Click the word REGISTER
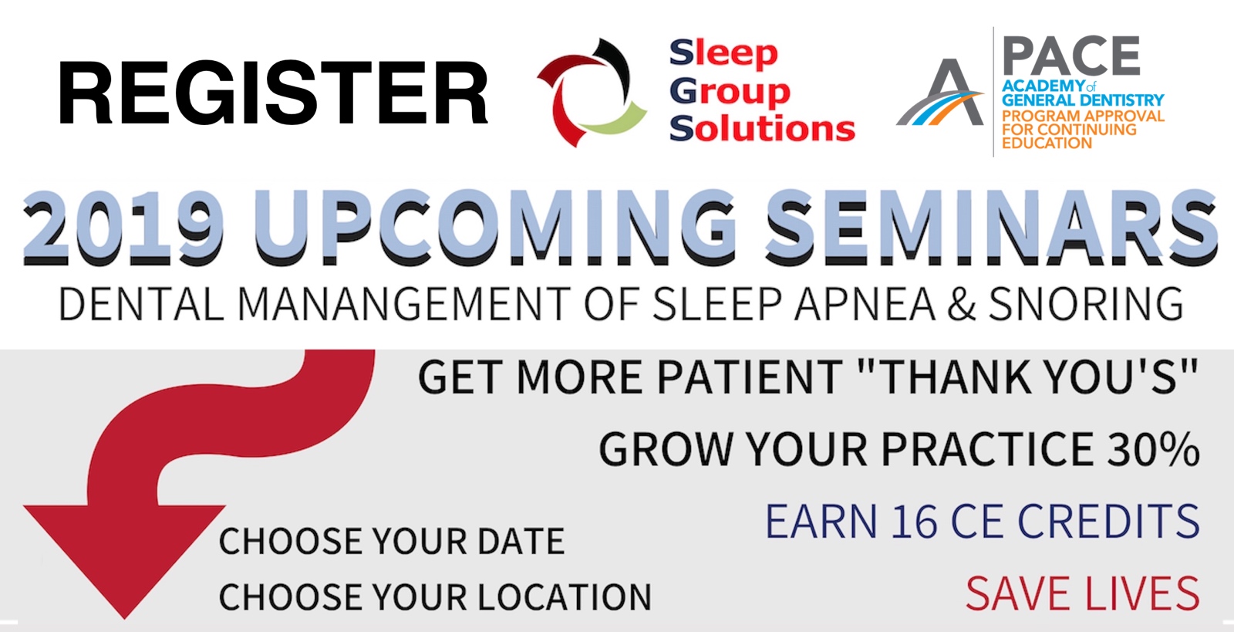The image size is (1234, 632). (x=273, y=93)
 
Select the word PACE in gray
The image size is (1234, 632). (x=1071, y=56)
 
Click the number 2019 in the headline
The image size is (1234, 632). (x=124, y=226)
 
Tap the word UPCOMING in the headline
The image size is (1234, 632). (x=494, y=226)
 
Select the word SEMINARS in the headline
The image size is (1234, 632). (x=993, y=226)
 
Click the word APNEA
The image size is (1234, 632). (x=864, y=303)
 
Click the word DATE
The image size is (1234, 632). (x=521, y=541)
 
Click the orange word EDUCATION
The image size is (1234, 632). (x=1047, y=143)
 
